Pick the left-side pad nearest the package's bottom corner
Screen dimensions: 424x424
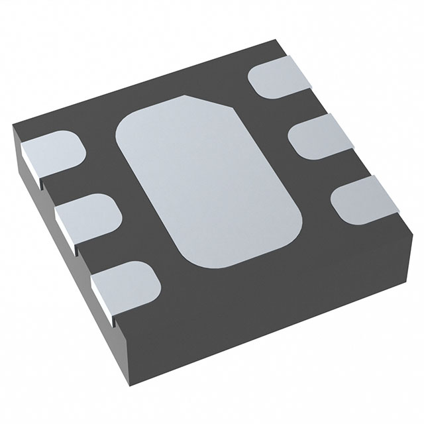point(123,282)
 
